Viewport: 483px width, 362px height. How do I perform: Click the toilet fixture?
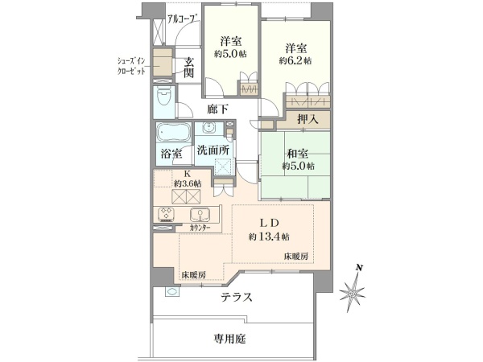(164, 97)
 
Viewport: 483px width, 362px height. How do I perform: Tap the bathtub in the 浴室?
(173, 133)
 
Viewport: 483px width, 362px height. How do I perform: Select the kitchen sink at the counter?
(200, 214)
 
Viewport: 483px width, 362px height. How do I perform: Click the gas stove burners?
(166, 215)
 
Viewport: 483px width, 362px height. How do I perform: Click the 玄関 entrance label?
(189, 68)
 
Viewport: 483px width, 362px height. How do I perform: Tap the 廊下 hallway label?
(217, 109)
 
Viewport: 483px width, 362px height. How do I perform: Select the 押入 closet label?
(308, 119)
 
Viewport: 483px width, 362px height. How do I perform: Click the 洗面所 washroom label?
(213, 150)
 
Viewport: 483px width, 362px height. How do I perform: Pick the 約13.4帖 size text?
(269, 237)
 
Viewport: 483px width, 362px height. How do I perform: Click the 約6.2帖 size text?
(295, 61)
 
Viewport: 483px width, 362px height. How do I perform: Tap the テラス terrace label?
(237, 297)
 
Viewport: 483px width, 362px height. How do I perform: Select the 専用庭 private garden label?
(230, 339)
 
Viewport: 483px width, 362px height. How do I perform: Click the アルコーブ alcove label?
(182, 19)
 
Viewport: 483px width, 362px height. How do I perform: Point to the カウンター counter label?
(200, 228)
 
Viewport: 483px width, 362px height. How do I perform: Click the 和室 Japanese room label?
(298, 154)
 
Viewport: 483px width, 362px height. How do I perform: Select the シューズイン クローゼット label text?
(131, 66)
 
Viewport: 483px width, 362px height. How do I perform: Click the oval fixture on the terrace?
(171, 291)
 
